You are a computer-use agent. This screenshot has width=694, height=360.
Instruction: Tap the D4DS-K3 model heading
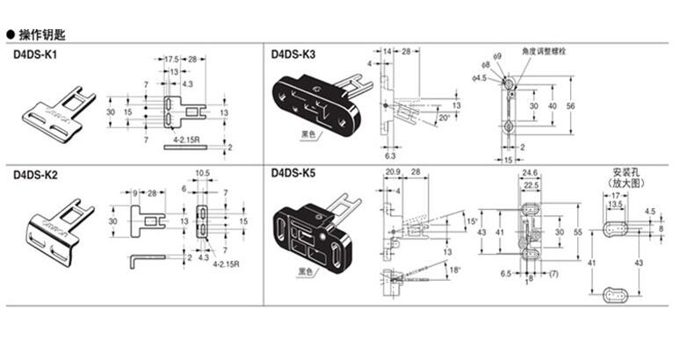click(x=293, y=54)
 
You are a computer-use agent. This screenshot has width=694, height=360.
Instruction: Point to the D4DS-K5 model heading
click(x=293, y=174)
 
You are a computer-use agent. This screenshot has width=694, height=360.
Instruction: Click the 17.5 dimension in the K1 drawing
click(x=171, y=59)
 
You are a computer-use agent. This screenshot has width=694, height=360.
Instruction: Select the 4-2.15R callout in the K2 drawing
click(x=223, y=262)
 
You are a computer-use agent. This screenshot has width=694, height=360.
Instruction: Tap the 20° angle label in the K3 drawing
click(x=445, y=117)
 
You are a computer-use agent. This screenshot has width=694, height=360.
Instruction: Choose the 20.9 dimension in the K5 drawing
click(x=392, y=171)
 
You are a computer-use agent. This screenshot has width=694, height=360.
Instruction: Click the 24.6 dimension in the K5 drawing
click(x=530, y=173)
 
